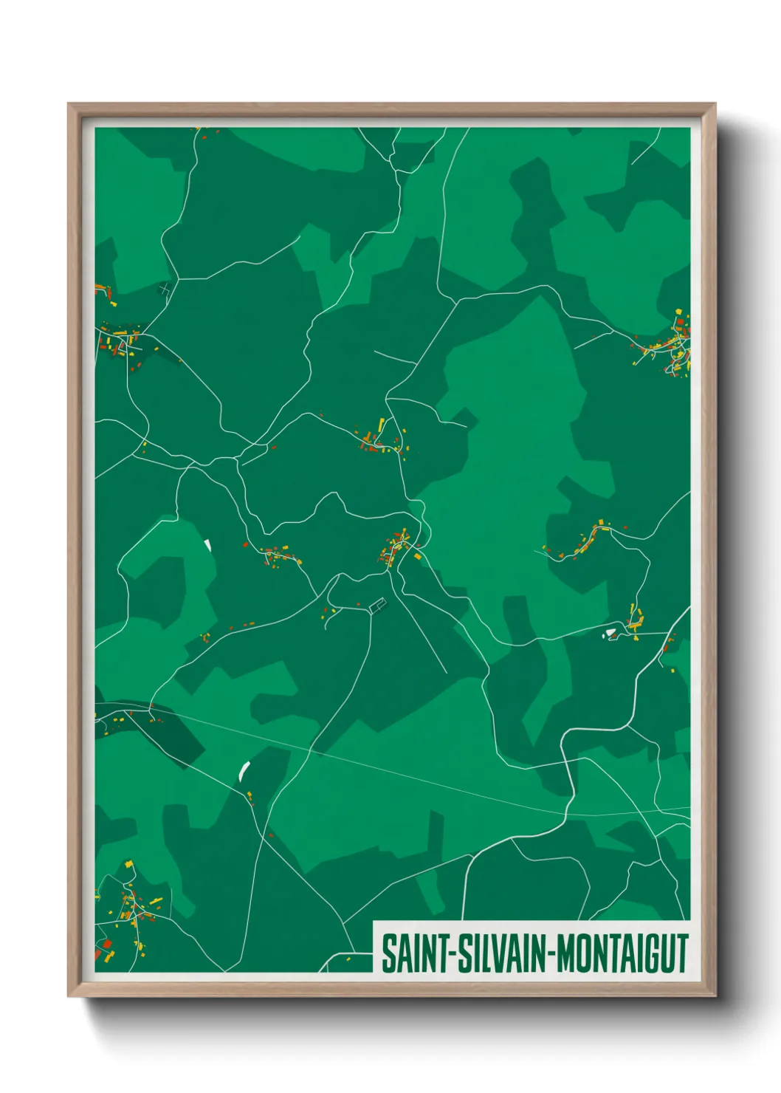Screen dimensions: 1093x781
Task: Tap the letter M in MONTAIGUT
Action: [x=565, y=954]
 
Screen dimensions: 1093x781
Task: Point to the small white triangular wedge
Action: [x=208, y=545]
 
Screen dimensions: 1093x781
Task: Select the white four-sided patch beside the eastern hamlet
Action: [x=610, y=632]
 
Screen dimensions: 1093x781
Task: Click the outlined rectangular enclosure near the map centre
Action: [x=378, y=606]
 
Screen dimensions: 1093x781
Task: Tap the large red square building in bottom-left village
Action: [x=107, y=944]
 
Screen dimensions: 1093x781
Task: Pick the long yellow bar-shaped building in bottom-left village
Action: [x=156, y=901]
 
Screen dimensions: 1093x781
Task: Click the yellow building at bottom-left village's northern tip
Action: [x=128, y=863]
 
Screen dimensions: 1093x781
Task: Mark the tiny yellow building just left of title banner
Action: [x=348, y=959]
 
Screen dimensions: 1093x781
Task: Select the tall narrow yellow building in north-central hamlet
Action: [x=382, y=424]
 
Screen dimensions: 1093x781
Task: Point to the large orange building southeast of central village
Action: [x=417, y=555]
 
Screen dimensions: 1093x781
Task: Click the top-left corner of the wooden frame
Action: [x=69, y=105]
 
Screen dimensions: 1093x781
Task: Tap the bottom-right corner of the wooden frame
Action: [x=715, y=996]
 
